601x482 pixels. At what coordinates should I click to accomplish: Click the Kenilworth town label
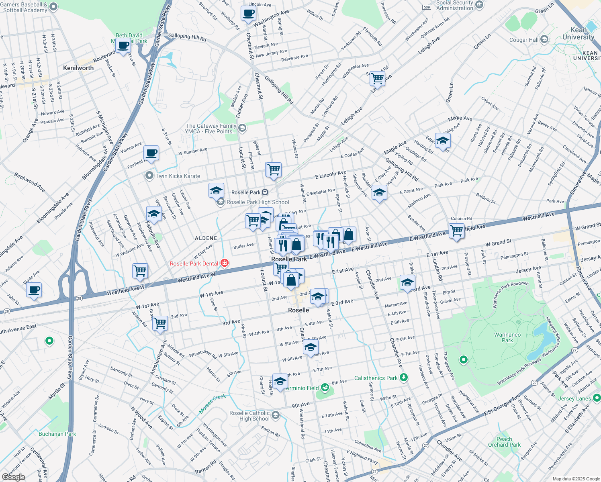[x=78, y=68]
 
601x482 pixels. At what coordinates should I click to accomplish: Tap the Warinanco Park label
[x=507, y=337]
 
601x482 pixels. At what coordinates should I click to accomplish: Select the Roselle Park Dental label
[x=194, y=263]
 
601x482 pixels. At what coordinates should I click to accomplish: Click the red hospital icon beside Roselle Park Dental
[x=225, y=263]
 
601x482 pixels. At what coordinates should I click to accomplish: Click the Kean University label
[x=578, y=33]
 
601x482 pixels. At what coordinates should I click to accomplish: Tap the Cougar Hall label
[x=523, y=40]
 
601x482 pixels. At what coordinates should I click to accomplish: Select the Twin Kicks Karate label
[x=178, y=176]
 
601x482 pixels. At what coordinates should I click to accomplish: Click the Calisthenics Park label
[x=376, y=378]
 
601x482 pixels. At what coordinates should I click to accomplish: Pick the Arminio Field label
[x=302, y=388]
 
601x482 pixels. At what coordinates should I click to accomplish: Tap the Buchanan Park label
[x=57, y=434]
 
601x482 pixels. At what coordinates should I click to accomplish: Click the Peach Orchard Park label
[x=504, y=442]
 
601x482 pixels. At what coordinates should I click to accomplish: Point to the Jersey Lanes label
[x=574, y=398]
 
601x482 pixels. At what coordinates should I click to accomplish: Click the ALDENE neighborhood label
[x=206, y=238]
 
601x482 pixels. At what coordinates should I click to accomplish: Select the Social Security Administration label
[x=454, y=5]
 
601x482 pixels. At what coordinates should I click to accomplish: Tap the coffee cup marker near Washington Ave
[x=249, y=13]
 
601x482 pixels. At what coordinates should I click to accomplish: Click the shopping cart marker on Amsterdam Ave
[x=160, y=322]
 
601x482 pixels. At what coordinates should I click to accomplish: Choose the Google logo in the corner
[x=13, y=477]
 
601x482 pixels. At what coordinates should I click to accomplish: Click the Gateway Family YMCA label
[x=211, y=129]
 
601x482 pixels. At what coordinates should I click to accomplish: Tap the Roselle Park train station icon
[x=265, y=192]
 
